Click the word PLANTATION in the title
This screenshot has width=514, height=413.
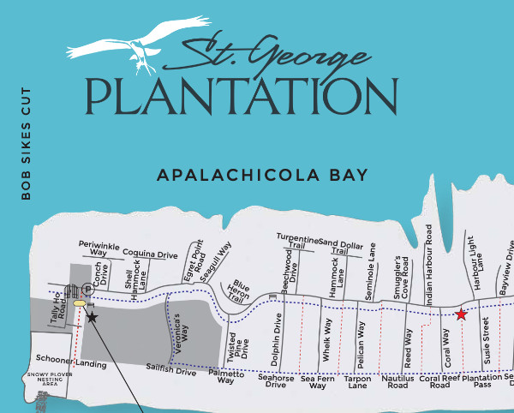click(241, 96)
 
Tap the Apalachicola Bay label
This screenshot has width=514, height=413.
click(262, 176)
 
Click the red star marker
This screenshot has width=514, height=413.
click(461, 314)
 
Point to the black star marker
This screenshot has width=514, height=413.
click(92, 318)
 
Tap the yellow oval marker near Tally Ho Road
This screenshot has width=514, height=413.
click(80, 303)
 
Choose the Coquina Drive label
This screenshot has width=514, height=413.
click(150, 254)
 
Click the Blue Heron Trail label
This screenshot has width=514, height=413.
click(239, 290)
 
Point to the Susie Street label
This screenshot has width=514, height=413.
click(486, 336)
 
